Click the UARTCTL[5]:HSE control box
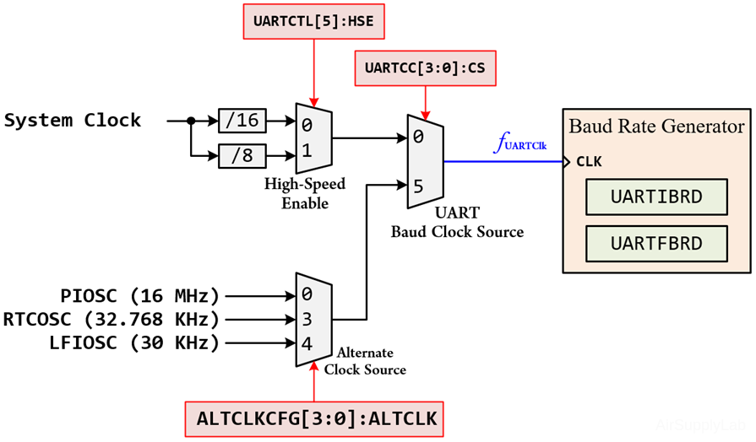click(313, 21)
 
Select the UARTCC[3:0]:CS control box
click(425, 67)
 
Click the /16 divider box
click(242, 121)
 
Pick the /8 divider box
click(242, 155)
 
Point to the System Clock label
click(73, 120)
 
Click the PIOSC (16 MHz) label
click(139, 296)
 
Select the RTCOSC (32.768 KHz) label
click(111, 320)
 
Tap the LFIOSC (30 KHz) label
click(134, 343)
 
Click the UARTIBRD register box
click(656, 198)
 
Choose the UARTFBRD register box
click(656, 244)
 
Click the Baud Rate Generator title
click(656, 127)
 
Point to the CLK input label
click(589, 162)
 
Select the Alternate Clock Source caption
click(365, 361)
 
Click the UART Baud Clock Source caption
click(457, 224)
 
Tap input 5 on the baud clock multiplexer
click(419, 185)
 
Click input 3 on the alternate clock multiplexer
click(307, 320)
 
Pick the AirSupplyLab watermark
click(700, 426)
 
